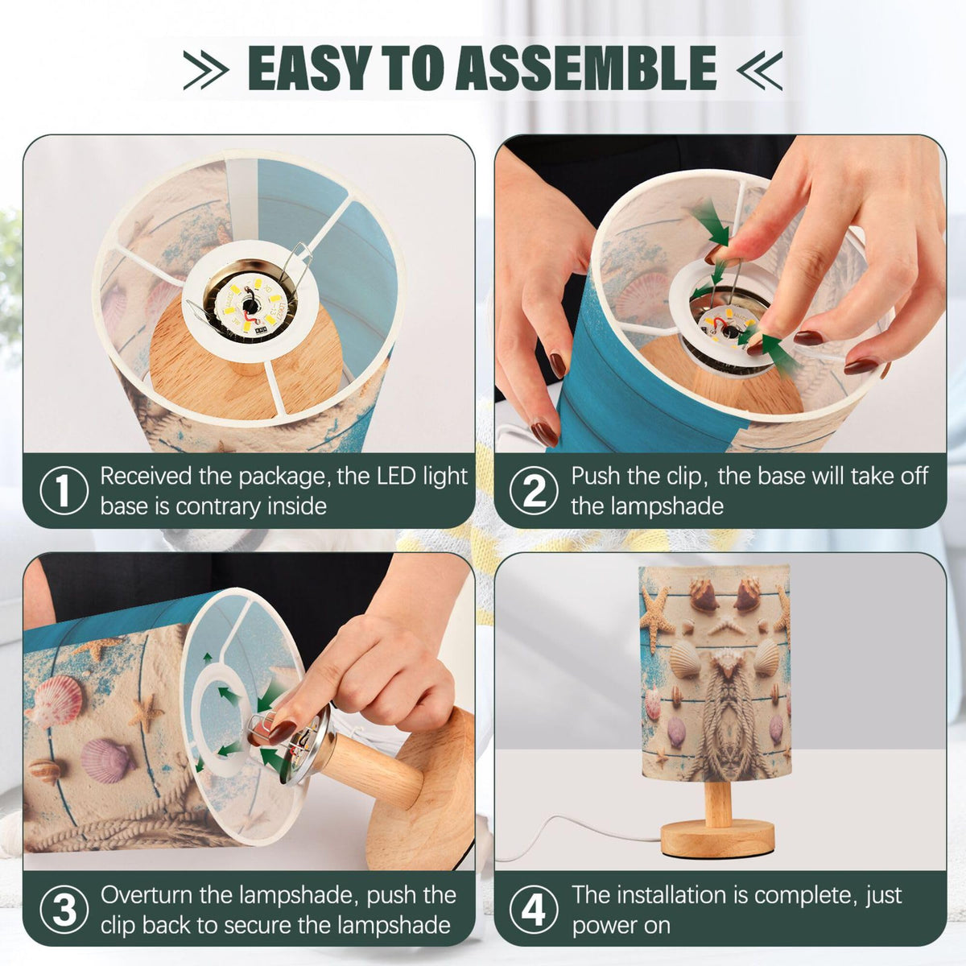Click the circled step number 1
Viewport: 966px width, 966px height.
point(64,491)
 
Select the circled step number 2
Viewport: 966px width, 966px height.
point(534,491)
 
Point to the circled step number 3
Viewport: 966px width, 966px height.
point(64,910)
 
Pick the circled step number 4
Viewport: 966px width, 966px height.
point(534,910)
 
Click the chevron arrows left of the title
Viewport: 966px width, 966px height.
point(206,70)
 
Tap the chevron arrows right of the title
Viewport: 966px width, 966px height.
point(759,70)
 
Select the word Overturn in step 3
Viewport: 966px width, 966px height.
point(146,895)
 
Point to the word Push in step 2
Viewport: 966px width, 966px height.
point(595,477)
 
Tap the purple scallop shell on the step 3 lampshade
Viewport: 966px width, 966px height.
point(107,760)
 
